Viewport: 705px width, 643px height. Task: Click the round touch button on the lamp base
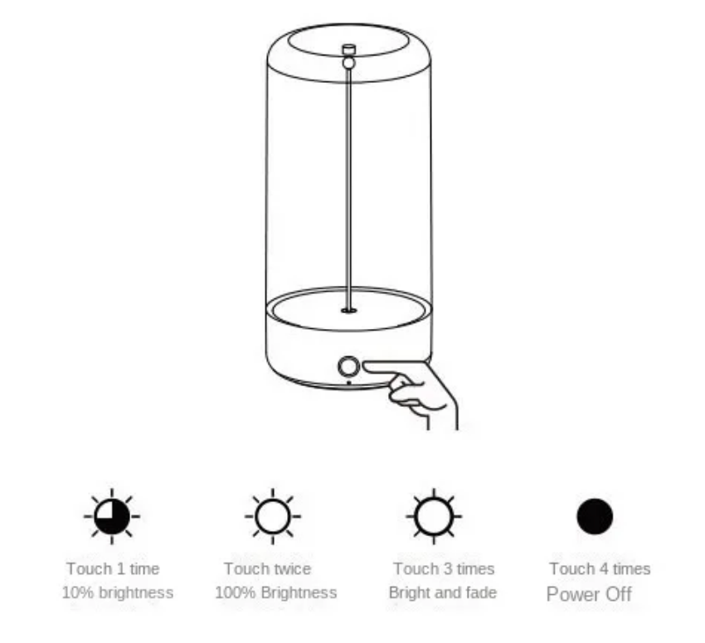pos(349,366)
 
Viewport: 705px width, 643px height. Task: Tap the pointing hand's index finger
pos(391,369)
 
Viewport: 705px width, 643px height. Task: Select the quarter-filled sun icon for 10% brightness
pos(112,516)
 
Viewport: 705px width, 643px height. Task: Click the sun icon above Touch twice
pos(273,516)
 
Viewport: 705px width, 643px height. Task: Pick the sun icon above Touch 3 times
pos(434,516)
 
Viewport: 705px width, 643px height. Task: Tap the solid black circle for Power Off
pos(595,516)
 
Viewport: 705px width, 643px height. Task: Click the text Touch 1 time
pos(113,569)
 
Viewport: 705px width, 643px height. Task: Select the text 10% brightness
pos(117,592)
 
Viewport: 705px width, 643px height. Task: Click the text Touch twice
pos(268,569)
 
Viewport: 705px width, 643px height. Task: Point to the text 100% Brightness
pos(275,592)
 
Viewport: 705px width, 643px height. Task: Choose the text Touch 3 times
pos(444,569)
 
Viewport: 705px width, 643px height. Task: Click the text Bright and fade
pos(443,592)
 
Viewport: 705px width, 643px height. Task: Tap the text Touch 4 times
pos(600,569)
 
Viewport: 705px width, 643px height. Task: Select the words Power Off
pos(589,594)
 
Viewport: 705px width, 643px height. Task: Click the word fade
pos(481,592)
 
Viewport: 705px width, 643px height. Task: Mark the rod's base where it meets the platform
pos(349,310)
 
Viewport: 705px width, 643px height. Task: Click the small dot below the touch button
pos(349,384)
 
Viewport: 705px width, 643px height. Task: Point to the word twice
pos(292,569)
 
